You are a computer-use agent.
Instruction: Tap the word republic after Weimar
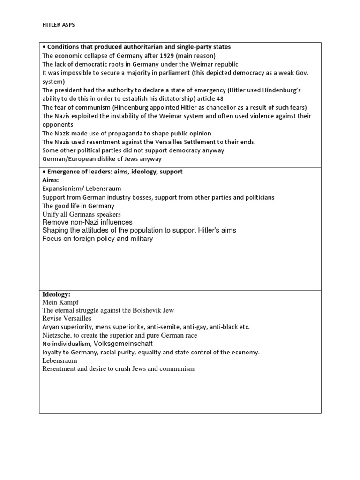tap(225, 64)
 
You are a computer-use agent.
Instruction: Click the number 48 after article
tap(220, 98)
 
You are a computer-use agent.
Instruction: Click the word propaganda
tap(113, 133)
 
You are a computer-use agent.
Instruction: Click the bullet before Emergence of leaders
tap(44, 172)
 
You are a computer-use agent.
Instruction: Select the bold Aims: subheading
tap(51, 180)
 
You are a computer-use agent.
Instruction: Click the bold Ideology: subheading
tap(56, 294)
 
